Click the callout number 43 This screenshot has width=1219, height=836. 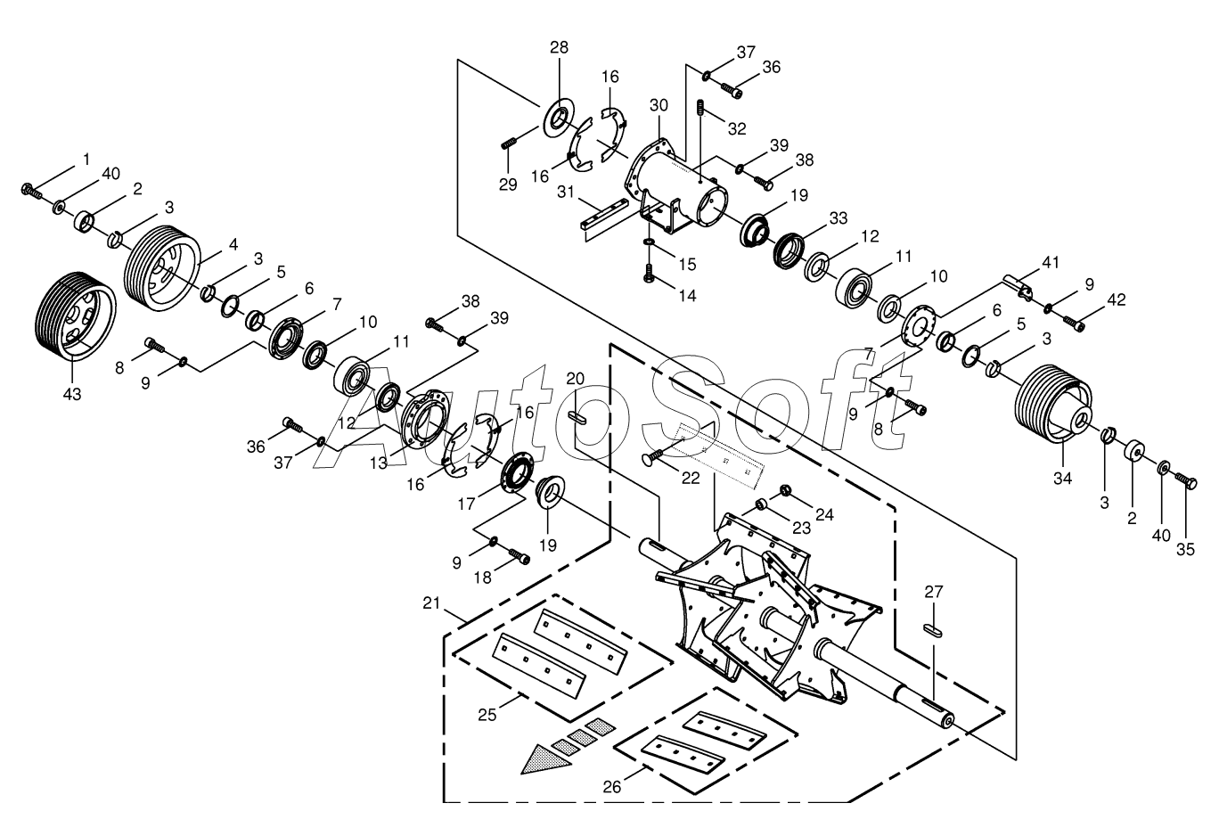72,394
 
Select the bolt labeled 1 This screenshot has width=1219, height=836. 31,191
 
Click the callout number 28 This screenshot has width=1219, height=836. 559,48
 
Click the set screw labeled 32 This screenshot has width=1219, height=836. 701,107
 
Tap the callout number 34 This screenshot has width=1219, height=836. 1062,479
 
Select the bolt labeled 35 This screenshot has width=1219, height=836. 1186,480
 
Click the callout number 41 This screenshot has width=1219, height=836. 1051,262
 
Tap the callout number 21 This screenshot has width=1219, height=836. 431,603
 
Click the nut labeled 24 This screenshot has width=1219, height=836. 785,489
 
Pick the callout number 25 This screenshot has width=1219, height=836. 487,715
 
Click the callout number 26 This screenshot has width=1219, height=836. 611,787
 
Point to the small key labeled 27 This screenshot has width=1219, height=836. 933,630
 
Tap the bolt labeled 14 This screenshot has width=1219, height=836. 648,274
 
